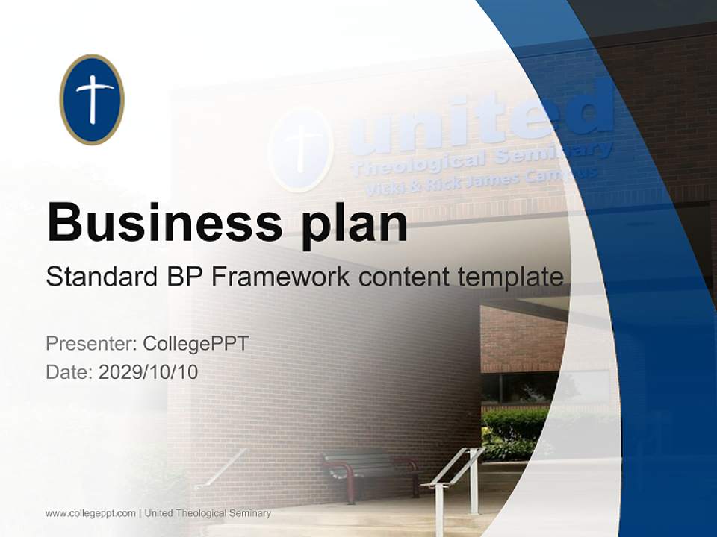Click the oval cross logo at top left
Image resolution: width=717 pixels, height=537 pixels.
tap(92, 99)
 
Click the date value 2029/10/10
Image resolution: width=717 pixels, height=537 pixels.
tap(149, 372)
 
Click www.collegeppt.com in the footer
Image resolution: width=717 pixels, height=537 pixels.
tap(90, 513)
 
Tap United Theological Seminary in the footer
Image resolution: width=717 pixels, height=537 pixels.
tap(208, 513)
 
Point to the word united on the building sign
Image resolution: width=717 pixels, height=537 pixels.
tap(485, 119)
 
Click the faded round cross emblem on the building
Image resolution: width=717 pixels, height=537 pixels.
tap(300, 148)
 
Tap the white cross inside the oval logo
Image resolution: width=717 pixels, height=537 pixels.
tap(93, 98)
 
